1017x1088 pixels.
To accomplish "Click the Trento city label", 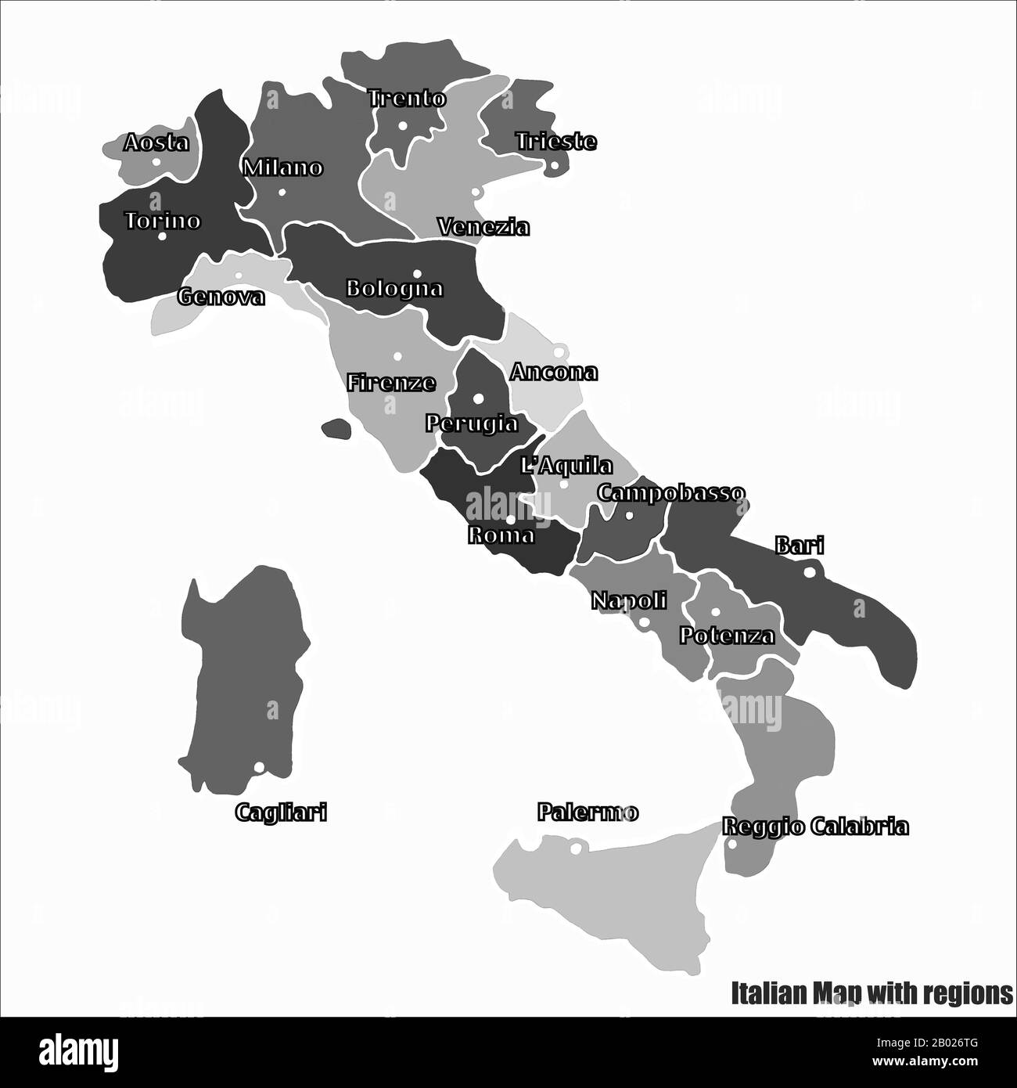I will [x=407, y=99].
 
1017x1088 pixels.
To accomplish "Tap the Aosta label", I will [x=156, y=143].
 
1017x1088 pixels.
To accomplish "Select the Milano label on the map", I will [x=282, y=168].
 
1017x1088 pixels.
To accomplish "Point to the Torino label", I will [x=163, y=222].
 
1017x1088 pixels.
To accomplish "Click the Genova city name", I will [x=221, y=297].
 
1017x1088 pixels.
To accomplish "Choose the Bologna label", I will [x=394, y=289].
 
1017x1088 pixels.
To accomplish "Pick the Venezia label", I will [x=483, y=228].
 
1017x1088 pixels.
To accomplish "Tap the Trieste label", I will [x=555, y=142].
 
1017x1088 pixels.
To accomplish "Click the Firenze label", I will [x=391, y=383].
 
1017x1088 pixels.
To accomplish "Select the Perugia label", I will [x=472, y=423].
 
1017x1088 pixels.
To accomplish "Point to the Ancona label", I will [x=554, y=373].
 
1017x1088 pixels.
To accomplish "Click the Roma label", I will [x=501, y=535].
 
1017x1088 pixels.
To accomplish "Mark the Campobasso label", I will [x=670, y=494].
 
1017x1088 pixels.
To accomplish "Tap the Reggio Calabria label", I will [x=815, y=827].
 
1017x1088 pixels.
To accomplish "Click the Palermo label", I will [x=588, y=813].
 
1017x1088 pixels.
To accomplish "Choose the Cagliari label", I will [x=281, y=813].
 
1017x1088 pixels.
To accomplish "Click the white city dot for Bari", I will [x=809, y=572].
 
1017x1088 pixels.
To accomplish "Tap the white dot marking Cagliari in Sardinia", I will [x=258, y=768].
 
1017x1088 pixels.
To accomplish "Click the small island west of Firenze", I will [x=336, y=428].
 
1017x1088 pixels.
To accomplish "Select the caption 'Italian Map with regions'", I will [x=871, y=993].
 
